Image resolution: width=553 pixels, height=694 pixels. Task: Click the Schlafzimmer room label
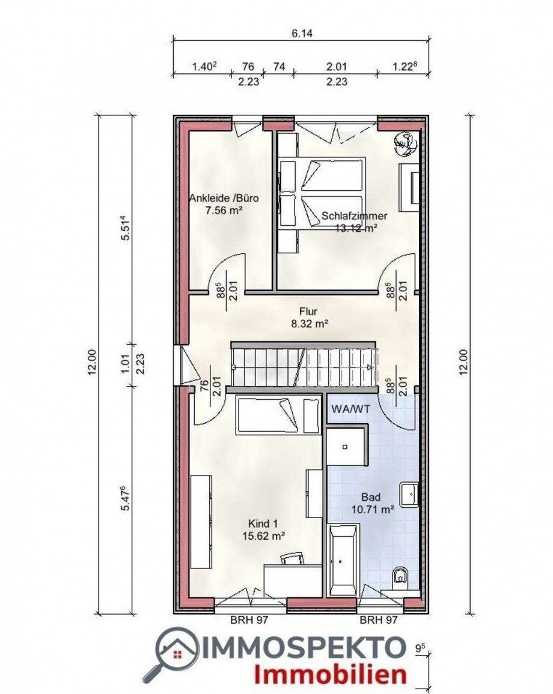(x=354, y=216)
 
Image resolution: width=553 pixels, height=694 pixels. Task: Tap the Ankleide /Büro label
(x=224, y=198)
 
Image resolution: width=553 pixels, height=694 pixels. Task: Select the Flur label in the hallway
(x=308, y=311)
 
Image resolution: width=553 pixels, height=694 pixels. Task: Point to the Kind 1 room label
(x=263, y=524)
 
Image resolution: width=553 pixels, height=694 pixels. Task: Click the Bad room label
(x=371, y=497)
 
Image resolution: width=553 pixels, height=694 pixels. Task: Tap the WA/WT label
(x=350, y=409)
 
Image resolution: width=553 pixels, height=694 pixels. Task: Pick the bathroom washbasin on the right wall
(x=409, y=495)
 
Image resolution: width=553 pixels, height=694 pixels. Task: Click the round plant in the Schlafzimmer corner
(x=406, y=144)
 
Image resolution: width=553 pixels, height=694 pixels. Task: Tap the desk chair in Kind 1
(x=293, y=558)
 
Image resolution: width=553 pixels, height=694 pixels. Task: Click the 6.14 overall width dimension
(x=302, y=34)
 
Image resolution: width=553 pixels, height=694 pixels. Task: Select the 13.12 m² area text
(x=356, y=228)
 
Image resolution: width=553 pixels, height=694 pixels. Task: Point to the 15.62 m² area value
(x=263, y=536)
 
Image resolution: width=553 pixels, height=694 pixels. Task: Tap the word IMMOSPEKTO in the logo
(x=304, y=648)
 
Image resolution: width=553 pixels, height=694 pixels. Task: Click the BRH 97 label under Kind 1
(x=249, y=620)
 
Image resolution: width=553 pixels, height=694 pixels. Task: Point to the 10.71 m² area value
(x=373, y=510)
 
